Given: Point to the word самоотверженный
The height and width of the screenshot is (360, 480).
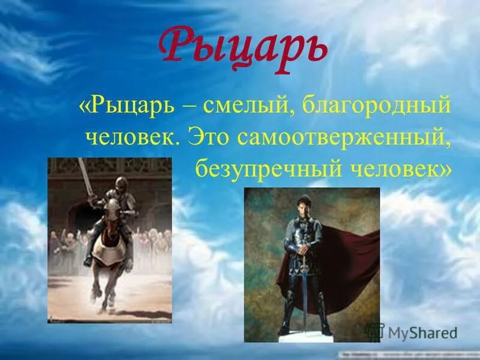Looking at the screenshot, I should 343,139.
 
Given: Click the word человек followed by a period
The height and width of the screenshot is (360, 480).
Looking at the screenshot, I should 133,138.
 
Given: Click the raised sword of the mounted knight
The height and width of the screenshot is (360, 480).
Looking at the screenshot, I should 85,177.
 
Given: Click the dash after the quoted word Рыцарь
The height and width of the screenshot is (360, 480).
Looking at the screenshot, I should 188,108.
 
